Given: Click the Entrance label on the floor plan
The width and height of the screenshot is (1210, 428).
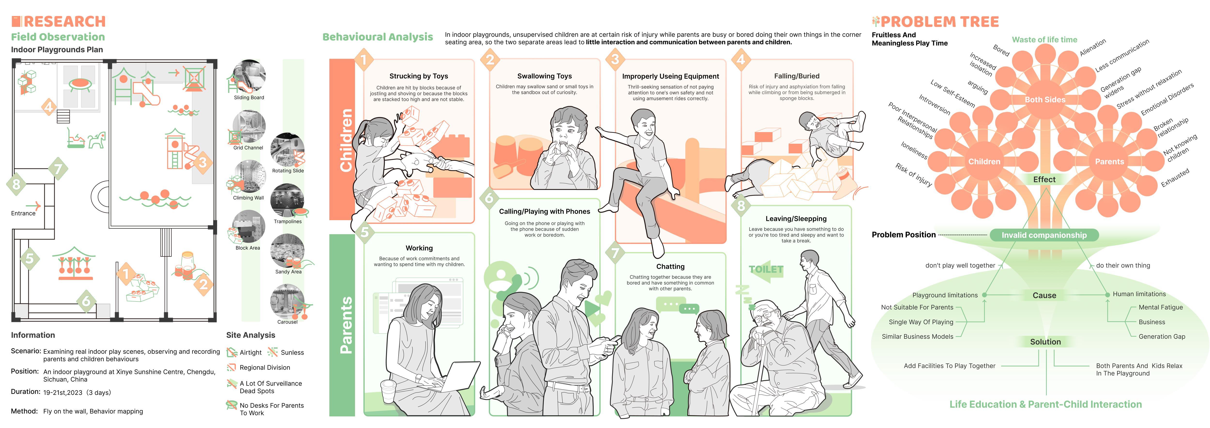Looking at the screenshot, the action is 23,213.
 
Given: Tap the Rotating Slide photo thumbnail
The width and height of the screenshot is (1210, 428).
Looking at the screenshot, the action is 287,150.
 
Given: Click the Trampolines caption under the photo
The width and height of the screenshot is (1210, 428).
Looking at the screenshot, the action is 287,221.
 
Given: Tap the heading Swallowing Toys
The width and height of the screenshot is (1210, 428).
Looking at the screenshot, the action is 544,76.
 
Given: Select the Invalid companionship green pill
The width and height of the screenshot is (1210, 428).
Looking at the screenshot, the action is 1044,235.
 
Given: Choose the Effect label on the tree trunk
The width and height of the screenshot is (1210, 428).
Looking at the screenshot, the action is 1044,180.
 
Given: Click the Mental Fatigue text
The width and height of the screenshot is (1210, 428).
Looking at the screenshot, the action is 1160,307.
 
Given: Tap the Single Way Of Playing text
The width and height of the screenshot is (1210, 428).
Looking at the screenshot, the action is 921,322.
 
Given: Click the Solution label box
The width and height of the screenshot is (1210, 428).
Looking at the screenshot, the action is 1045,342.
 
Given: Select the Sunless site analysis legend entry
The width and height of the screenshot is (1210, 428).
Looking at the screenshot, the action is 292,352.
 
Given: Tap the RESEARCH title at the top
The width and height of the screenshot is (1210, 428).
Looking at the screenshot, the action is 64,22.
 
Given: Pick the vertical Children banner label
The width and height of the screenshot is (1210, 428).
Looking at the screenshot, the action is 346,140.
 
